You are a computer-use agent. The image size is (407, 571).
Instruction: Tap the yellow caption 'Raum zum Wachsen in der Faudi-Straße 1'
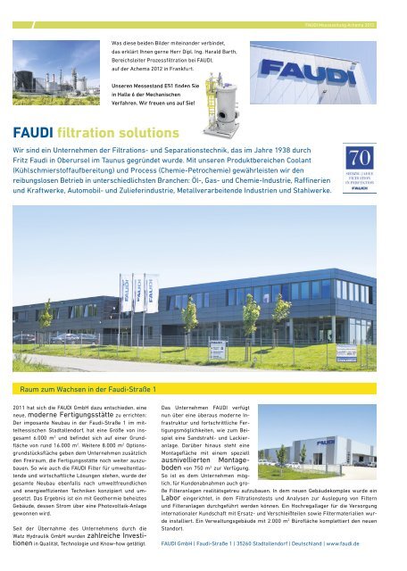tap(81, 388)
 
